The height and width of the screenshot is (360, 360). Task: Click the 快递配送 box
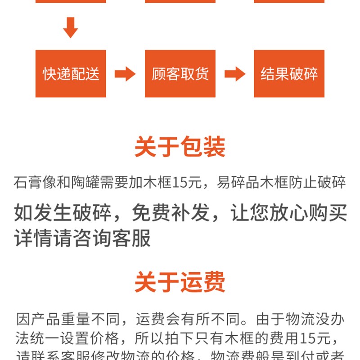pos(71,73)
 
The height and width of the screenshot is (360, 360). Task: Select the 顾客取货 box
pos(180,73)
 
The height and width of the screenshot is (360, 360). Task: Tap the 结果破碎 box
pos(289,73)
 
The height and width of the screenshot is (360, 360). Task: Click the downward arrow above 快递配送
pos(70,28)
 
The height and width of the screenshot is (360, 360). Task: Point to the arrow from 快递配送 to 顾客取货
pos(125,74)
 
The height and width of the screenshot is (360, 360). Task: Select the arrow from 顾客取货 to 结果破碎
pos(234,74)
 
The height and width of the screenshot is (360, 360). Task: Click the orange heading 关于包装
pos(180,147)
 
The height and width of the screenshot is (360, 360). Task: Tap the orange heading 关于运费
pos(180,283)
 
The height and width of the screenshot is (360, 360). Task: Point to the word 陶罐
pos(85,183)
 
